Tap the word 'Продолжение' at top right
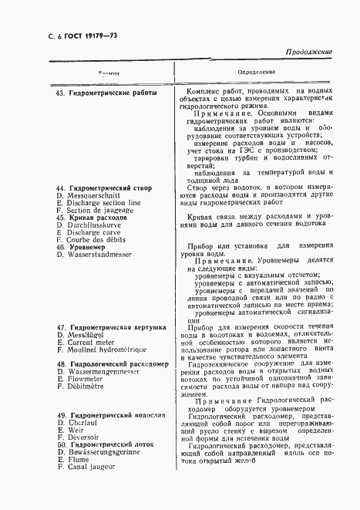[309, 52]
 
